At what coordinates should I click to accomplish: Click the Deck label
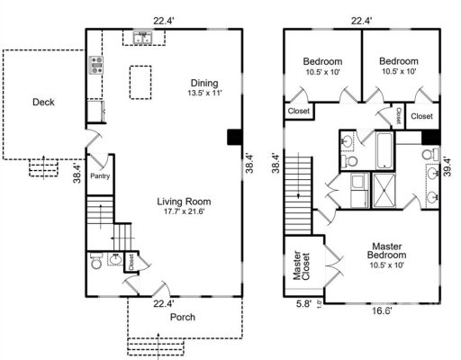43,103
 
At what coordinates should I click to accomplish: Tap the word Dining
204,82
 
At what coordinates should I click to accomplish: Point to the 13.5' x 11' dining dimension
204,93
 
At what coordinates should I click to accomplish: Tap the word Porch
184,318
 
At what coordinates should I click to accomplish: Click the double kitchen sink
142,38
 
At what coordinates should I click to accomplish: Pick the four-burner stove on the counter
95,65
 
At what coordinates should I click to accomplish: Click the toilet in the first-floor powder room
96,264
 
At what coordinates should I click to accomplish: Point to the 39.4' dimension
447,167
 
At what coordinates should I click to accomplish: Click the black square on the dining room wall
234,137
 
